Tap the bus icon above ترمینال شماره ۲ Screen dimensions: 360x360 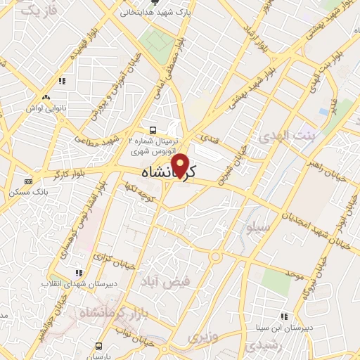[153, 130]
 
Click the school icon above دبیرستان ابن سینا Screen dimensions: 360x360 [283, 316]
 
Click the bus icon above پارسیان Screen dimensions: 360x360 [99, 346]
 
